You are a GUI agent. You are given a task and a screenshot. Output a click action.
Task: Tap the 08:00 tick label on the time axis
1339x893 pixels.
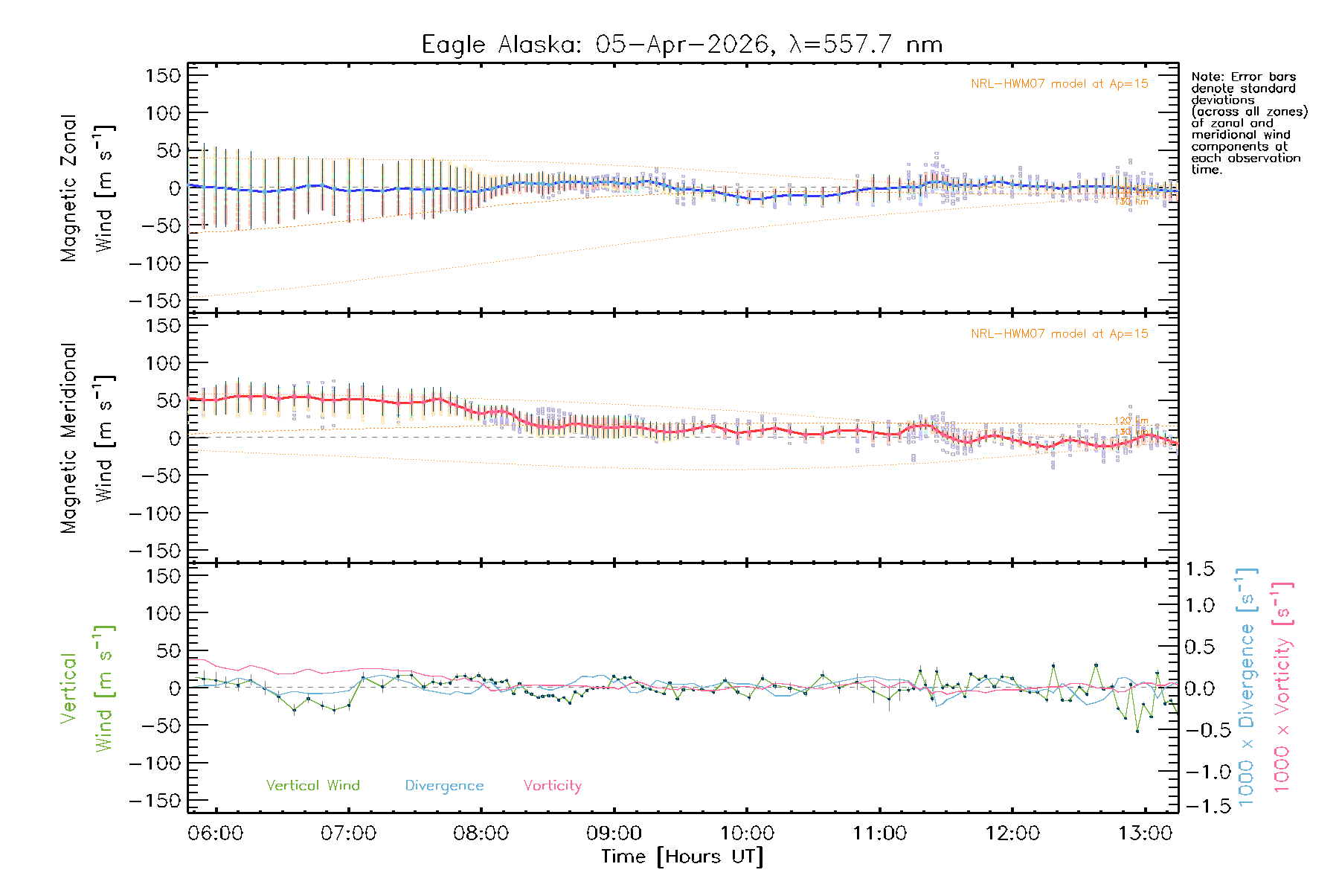click(481, 833)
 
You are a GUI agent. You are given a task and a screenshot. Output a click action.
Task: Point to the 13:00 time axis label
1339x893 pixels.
click(1145, 833)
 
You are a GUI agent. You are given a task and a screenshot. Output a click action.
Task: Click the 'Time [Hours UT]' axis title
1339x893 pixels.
click(682, 857)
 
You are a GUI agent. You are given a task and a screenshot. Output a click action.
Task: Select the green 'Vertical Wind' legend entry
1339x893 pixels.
click(312, 785)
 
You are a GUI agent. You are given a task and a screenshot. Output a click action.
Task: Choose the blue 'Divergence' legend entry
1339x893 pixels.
click(444, 785)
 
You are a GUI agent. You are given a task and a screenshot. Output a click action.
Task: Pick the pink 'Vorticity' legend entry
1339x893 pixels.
click(552, 785)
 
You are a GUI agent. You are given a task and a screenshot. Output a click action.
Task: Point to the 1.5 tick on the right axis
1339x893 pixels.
click(1199, 569)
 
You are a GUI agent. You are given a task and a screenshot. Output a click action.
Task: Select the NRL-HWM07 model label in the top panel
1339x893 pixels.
click(1059, 84)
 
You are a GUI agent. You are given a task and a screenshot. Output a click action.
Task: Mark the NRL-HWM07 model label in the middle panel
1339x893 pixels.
click(1059, 334)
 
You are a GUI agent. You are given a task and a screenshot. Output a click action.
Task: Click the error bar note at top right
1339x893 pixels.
click(1248, 123)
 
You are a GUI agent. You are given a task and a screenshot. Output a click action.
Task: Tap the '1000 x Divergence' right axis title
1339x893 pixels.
click(1247, 688)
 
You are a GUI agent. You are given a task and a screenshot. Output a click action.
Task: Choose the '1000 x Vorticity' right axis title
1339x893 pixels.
click(1282, 688)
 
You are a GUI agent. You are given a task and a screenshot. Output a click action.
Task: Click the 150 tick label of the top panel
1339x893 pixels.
click(163, 75)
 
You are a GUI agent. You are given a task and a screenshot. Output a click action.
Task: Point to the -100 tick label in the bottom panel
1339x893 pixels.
click(155, 763)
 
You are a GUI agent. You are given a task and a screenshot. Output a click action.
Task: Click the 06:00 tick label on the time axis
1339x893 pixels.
click(216, 833)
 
